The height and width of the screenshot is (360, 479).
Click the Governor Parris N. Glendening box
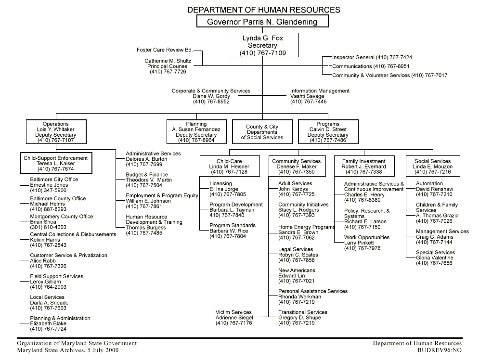point(262,22)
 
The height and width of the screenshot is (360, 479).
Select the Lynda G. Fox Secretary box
point(263,45)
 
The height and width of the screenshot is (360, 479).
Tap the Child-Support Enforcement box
point(56,163)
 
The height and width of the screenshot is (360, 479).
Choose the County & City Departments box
point(262,132)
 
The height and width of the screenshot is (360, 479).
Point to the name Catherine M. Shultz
point(168,61)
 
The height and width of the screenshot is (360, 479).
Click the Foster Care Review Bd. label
point(165,50)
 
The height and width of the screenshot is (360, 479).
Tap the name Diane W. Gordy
point(211,96)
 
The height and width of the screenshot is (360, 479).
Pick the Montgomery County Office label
point(62,217)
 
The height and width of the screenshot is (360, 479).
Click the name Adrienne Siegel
point(233,318)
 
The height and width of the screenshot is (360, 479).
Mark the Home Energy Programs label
point(307,227)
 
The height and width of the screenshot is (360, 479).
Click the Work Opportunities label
point(367,238)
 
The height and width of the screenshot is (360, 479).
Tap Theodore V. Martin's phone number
point(144,185)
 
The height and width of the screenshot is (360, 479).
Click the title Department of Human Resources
point(263,10)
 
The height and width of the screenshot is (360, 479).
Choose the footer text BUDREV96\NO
point(440,351)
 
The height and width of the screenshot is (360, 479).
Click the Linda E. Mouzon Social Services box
point(433,167)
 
